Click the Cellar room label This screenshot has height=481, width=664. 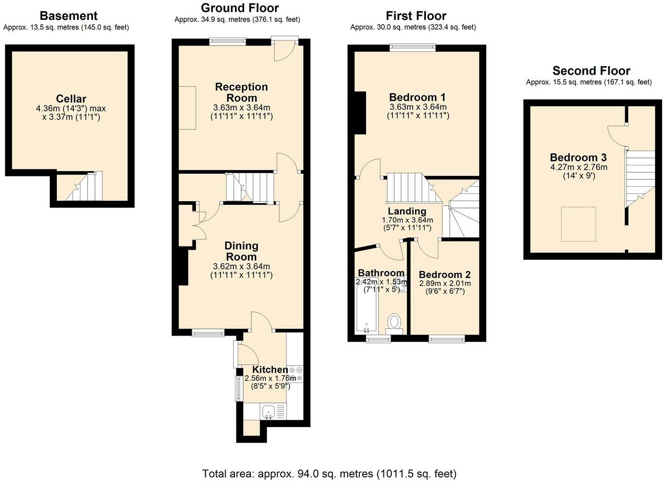point(71,98)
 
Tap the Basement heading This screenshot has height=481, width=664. point(69,16)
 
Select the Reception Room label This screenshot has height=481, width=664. point(242,93)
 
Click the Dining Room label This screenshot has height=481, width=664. point(241,251)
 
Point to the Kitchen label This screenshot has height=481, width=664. point(270,369)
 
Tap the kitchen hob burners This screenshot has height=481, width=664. point(296,374)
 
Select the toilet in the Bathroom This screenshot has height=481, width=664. point(394,324)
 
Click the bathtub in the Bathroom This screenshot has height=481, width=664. point(366,305)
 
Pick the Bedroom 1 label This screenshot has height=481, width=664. point(417,97)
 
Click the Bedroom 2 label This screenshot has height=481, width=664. point(445,274)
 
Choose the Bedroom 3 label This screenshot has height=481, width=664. point(579,157)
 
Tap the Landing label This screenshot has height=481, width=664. point(407,211)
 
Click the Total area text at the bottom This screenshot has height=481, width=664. point(330,474)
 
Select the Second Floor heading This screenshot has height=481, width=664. point(591,71)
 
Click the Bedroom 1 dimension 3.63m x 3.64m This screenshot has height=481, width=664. point(418,107)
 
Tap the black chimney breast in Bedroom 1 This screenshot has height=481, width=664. point(361,113)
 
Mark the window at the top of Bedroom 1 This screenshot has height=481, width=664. point(413,48)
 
